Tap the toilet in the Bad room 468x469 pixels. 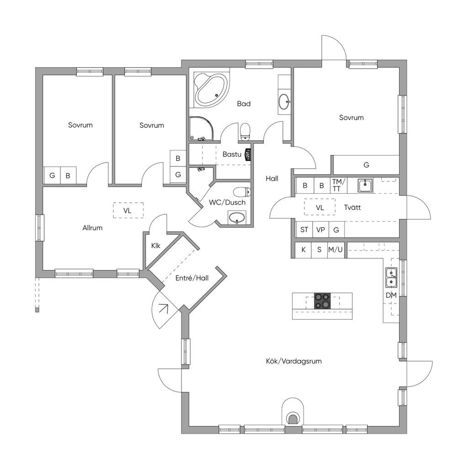(245, 132)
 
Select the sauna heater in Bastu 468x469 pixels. (248, 155)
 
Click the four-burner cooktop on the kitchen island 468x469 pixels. (322, 301)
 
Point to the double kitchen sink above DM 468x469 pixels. (391, 277)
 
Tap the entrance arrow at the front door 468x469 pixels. (164, 308)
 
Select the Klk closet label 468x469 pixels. (156, 245)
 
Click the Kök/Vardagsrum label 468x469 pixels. (294, 361)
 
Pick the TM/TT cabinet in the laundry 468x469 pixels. (339, 186)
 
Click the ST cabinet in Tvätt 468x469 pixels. (304, 230)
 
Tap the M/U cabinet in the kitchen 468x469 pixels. (335, 250)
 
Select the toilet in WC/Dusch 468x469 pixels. (242, 192)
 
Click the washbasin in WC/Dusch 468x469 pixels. (237, 217)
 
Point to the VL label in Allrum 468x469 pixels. (128, 211)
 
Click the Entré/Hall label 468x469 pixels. (191, 278)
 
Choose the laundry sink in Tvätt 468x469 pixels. (365, 186)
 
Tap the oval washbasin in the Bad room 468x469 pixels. (284, 102)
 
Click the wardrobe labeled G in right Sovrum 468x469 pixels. (367, 165)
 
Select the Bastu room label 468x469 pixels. (232, 155)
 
